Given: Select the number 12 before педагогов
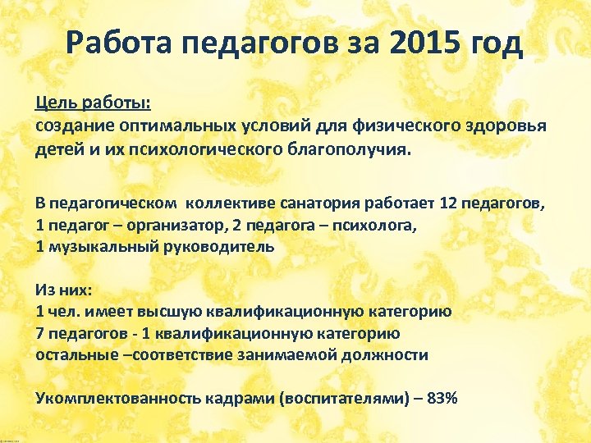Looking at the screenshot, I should (x=449, y=204).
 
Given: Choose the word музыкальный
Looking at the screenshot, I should (x=93, y=245).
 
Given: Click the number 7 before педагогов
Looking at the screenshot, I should (x=39, y=333).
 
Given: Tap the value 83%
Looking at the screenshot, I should (x=443, y=398).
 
